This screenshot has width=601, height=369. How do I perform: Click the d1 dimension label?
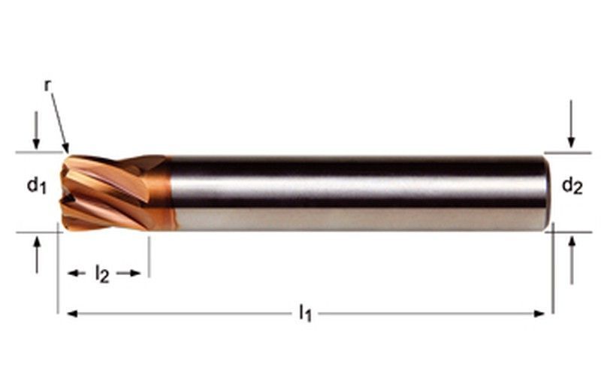pos(37,185)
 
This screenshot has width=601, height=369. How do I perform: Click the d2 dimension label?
pos(572,185)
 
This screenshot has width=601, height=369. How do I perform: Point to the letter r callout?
pos(48,85)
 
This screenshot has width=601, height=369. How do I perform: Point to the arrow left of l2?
pos(77,274)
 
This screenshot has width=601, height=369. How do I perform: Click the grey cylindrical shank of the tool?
pos(353,192)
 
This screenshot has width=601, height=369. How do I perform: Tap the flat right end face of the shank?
pos(546,192)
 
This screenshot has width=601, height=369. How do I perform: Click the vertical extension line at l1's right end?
pos(552,278)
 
